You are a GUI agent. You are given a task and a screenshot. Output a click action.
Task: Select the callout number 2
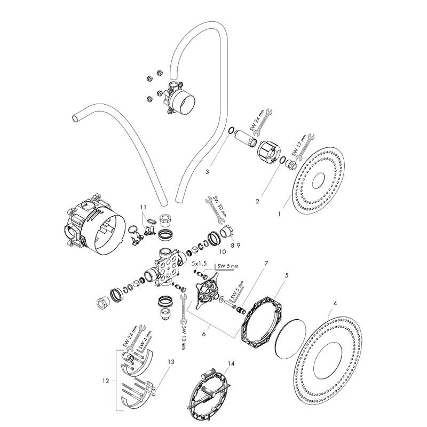click(257, 201)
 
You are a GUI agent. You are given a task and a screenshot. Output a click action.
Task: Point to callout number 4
click(335, 304)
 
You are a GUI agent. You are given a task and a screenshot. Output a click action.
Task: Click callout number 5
click(287, 275)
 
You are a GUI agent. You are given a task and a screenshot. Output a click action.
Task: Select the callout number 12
click(106, 381)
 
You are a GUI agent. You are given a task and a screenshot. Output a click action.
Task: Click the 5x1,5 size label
click(200, 264)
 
